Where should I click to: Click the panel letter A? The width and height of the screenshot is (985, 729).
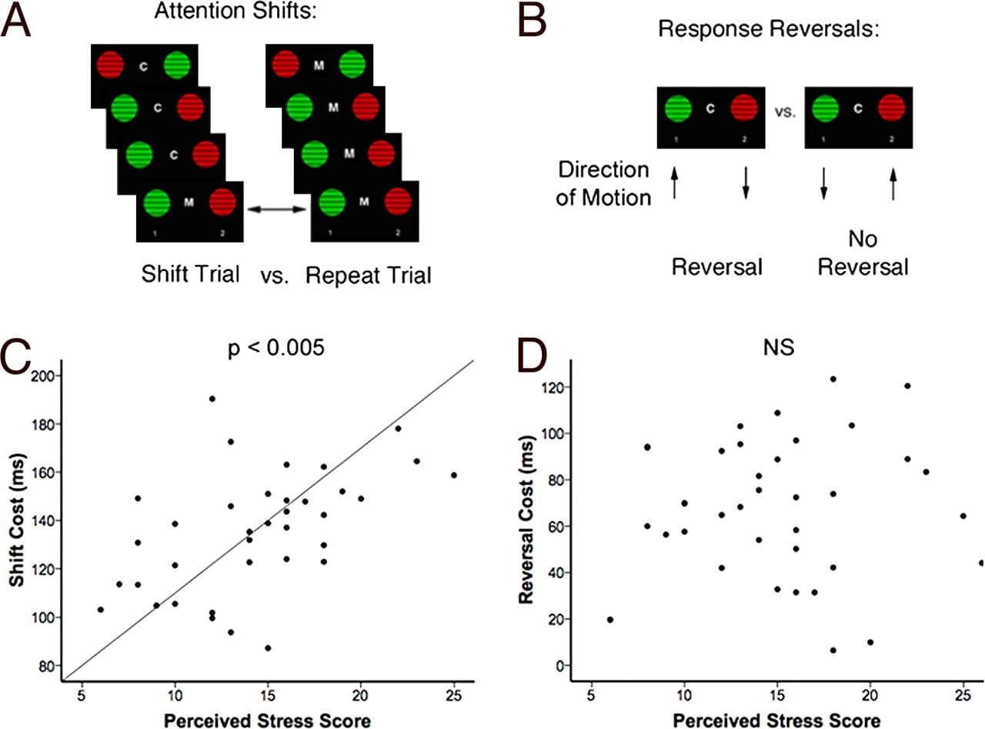(x=17, y=20)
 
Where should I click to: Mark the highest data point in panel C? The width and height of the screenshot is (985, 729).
(x=212, y=399)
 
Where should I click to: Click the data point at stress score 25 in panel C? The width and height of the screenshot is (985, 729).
(x=454, y=475)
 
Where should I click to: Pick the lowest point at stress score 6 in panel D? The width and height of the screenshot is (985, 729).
(x=610, y=619)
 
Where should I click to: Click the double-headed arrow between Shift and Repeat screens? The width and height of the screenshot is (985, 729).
(x=277, y=208)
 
